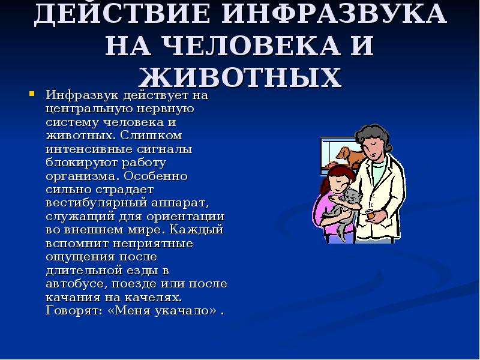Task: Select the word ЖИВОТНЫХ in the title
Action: tap(240, 77)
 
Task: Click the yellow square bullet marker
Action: tap(32, 94)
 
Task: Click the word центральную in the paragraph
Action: tap(88, 109)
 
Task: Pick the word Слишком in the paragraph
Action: tap(151, 136)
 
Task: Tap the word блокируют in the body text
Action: tap(82, 163)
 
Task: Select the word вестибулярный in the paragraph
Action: tap(96, 203)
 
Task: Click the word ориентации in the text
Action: tap(185, 217)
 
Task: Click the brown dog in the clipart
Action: tap(350, 156)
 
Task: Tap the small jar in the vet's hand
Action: tap(370, 214)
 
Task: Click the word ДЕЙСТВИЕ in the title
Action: tap(122, 13)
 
